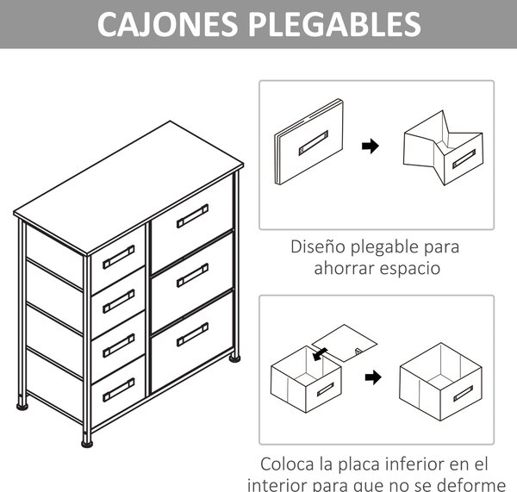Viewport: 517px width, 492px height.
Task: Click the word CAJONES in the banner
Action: tap(167, 24)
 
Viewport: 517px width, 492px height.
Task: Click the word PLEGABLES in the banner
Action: tap(334, 24)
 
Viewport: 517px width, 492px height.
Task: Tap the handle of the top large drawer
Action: tap(192, 216)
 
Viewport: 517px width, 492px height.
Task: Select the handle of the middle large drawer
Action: tap(192, 276)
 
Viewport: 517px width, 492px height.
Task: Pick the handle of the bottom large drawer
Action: tap(192, 334)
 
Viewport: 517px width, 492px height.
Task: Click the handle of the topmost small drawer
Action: tap(119, 257)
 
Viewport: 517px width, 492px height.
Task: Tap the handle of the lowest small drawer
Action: tap(119, 389)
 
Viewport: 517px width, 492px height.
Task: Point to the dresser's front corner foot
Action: tap(87, 443)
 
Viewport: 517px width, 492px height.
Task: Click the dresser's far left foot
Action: tap(22, 406)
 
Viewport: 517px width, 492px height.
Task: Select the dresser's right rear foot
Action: tap(234, 358)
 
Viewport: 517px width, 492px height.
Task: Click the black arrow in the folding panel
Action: tap(371, 146)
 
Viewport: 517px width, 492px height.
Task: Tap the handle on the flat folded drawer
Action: tap(314, 143)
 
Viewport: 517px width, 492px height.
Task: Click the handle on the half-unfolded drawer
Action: tap(464, 159)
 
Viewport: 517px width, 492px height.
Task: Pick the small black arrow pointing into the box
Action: tap(320, 354)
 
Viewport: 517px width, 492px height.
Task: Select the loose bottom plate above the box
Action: tap(344, 343)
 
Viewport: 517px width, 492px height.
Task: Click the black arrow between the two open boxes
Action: tap(373, 377)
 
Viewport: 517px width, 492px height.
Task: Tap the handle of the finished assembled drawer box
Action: tap(464, 394)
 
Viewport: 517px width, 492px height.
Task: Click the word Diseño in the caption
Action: tap(318, 246)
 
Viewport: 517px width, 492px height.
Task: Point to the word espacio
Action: tap(409, 269)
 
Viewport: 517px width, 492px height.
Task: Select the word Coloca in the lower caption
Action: tap(287, 464)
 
